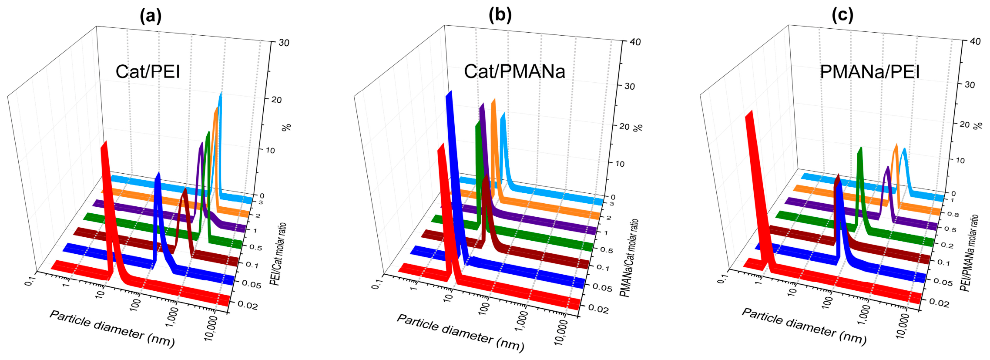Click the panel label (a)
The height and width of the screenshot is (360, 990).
point(151,16)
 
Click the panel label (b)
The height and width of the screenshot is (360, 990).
point(500,15)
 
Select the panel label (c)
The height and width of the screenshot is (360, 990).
point(842,15)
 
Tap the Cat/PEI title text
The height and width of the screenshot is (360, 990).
point(148,71)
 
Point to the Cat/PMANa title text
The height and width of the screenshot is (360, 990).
point(514,71)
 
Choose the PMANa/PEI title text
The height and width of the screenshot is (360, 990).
point(870,71)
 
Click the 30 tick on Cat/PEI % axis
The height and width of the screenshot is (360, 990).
point(284,43)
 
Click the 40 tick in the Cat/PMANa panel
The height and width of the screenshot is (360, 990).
point(635,42)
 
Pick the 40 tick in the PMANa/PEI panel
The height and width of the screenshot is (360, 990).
point(975,41)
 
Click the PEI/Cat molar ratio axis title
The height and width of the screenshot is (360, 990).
point(278,254)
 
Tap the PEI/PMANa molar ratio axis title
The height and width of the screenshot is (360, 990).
point(970,252)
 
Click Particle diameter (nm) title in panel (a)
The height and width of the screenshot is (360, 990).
point(112,329)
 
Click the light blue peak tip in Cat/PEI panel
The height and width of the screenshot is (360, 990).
point(221,94)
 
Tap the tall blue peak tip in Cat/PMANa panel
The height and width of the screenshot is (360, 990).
point(449,93)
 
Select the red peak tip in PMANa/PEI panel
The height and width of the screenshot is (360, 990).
point(749,113)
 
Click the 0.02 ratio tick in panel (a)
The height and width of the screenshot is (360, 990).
point(248,305)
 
